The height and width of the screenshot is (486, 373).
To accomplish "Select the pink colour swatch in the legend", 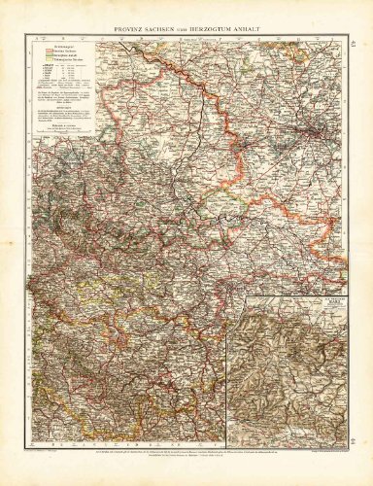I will pyautogui.click(x=43, y=50).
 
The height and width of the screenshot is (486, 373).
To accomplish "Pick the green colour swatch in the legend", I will pyautogui.click(x=43, y=55).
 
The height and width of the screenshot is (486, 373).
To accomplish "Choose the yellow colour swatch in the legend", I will pyautogui.click(x=43, y=61).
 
